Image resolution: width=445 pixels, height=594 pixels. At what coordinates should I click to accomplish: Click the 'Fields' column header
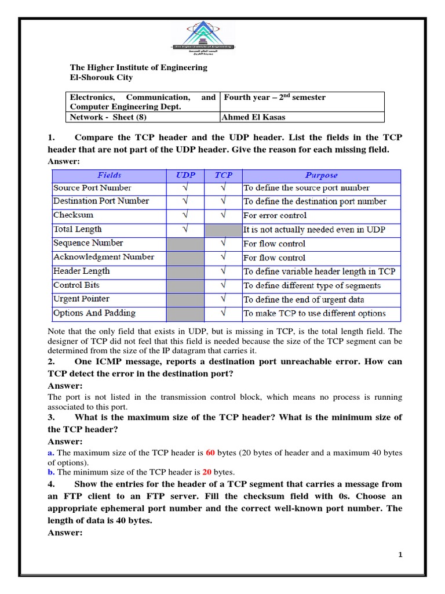pyautogui.click(x=109, y=175)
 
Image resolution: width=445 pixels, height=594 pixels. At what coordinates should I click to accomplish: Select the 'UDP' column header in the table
pyautogui.click(x=185, y=175)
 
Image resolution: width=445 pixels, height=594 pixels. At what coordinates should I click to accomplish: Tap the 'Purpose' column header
pyautogui.click(x=321, y=175)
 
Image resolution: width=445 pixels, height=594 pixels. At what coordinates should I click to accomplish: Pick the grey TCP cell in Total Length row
pyautogui.click(x=223, y=230)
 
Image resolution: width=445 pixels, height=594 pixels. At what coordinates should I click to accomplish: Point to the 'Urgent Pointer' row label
pyautogui.click(x=81, y=299)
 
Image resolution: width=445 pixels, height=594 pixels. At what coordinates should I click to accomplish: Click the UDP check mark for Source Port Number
pyautogui.click(x=185, y=188)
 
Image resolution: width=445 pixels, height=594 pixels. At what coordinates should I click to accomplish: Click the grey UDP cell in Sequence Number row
pyautogui.click(x=185, y=244)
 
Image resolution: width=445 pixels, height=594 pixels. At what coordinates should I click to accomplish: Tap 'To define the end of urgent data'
pyautogui.click(x=304, y=299)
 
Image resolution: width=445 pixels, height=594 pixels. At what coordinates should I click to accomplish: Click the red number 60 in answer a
pyautogui.click(x=210, y=452)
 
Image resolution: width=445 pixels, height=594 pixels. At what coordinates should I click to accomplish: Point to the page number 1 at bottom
pyautogui.click(x=400, y=555)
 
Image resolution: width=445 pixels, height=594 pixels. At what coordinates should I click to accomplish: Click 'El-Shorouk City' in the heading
pyautogui.click(x=101, y=77)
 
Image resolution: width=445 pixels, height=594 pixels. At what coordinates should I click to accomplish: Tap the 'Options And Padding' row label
pyautogui.click(x=94, y=313)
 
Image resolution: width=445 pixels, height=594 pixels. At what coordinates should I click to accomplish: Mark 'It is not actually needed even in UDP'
pyautogui.click(x=314, y=230)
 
